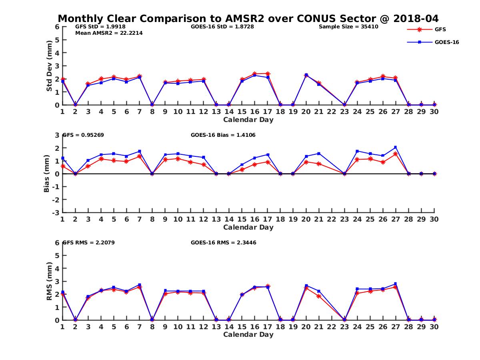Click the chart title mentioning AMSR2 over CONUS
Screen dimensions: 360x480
(x=248, y=18)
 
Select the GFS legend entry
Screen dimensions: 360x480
(x=440, y=29)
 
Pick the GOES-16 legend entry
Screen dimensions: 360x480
(x=446, y=42)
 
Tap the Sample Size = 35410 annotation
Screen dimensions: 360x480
(x=348, y=27)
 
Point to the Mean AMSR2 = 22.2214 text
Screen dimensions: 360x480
(x=109, y=33)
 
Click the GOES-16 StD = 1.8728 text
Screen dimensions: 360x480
(x=222, y=27)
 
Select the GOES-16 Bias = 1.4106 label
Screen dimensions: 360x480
(x=223, y=135)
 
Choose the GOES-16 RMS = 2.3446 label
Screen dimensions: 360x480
(x=224, y=242)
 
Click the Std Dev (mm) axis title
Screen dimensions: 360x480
(x=49, y=66)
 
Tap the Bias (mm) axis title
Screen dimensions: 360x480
(x=46, y=174)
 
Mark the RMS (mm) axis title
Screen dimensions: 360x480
(x=49, y=281)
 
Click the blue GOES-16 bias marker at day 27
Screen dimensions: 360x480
(x=396, y=148)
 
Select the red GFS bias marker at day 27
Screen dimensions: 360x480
(x=396, y=154)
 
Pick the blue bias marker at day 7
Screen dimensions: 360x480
(x=139, y=151)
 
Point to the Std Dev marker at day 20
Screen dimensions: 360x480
(x=306, y=75)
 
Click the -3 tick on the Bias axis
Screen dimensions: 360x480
(x=56, y=212)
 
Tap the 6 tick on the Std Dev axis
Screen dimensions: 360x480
(x=57, y=27)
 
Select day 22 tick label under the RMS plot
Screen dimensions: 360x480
(x=332, y=327)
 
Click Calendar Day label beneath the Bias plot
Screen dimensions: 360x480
(x=248, y=227)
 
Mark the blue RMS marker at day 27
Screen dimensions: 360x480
(x=396, y=284)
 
